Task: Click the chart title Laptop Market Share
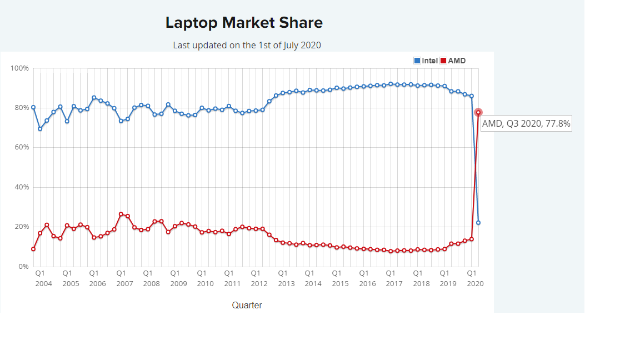244,23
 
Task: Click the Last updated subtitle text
247,45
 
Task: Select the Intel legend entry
426,61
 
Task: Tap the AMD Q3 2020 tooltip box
526,123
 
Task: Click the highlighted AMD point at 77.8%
478,112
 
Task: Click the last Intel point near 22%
478,223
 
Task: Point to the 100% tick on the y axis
19,68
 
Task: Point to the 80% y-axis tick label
21,108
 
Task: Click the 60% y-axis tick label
21,147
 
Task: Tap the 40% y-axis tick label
21,187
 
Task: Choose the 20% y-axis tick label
21,227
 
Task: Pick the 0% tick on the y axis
23,267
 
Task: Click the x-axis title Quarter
247,305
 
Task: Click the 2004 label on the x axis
43,283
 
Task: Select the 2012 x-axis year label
259,283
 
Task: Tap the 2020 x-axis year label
475,283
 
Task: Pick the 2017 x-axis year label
394,283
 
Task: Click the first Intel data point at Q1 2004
33,107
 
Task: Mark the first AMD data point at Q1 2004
33,249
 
